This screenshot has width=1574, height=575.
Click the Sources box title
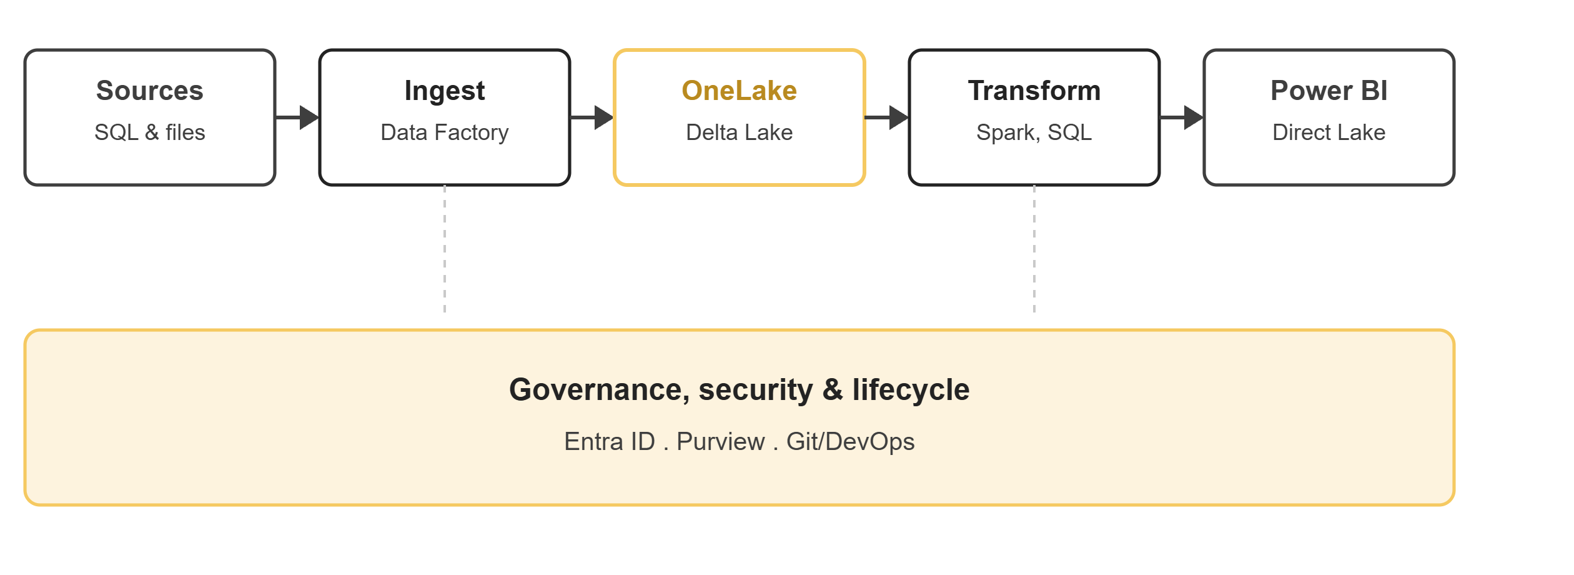pos(150,91)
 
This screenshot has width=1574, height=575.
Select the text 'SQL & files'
pos(150,132)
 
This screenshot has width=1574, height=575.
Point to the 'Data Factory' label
pos(445,133)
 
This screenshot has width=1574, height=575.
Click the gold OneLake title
pos(740,91)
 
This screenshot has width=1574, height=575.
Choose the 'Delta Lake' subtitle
pos(740,132)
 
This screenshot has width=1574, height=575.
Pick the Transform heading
pos(1034,91)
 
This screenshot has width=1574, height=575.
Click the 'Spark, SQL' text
pos(1034,133)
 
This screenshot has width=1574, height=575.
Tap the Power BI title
pos(1329,91)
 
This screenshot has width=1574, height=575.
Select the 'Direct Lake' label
pos(1329,132)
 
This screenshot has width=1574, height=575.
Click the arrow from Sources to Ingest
pos(297,117)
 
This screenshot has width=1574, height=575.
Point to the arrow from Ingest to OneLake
pos(592,117)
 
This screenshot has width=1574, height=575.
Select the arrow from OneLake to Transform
pos(887,117)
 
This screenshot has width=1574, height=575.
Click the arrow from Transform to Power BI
pos(1182,117)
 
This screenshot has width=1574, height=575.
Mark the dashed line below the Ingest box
pos(445,249)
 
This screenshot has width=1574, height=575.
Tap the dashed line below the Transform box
pos(1034,249)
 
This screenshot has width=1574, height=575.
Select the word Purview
pos(721,442)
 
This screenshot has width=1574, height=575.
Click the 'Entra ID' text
pos(610,442)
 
